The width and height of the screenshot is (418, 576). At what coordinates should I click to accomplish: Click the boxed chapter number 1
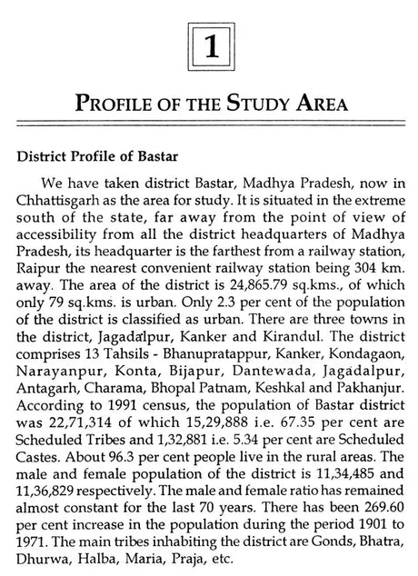pyautogui.click(x=209, y=41)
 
